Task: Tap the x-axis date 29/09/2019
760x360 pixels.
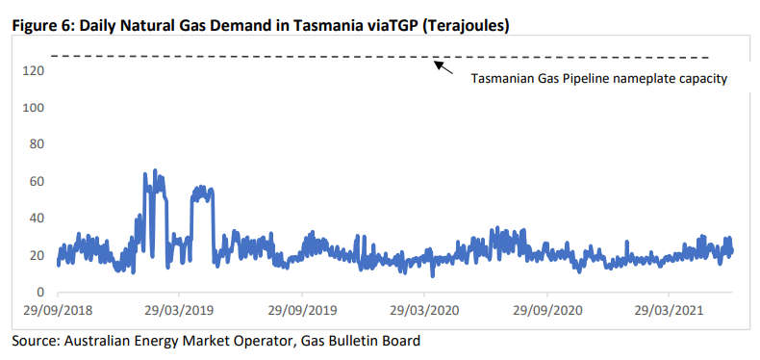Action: (x=301, y=312)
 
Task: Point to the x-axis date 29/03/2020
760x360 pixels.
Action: (x=423, y=312)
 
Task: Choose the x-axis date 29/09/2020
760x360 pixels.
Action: (x=546, y=312)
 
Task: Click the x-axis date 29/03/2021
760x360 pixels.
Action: (x=668, y=312)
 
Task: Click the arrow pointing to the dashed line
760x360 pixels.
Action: (x=443, y=67)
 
